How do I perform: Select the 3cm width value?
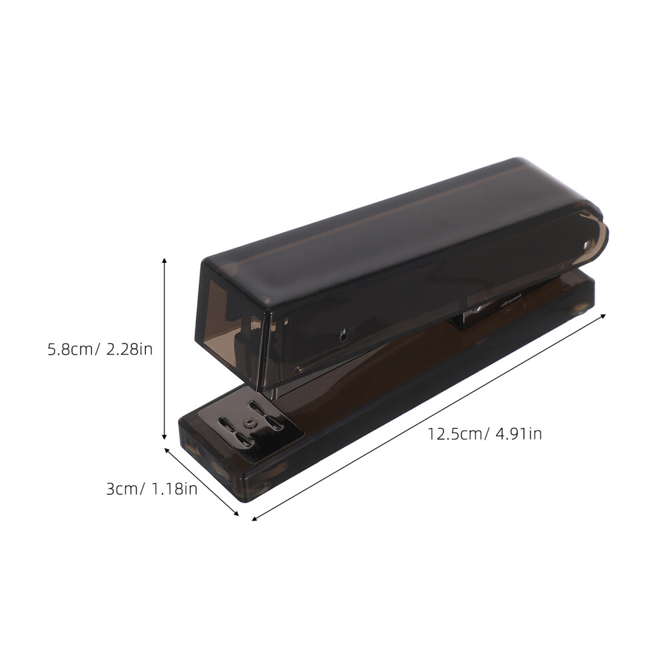(121, 489)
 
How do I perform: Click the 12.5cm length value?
(454, 434)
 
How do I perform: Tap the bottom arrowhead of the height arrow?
(165, 437)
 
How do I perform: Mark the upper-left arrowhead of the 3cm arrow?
(167, 451)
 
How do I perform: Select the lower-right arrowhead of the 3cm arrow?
(236, 513)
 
